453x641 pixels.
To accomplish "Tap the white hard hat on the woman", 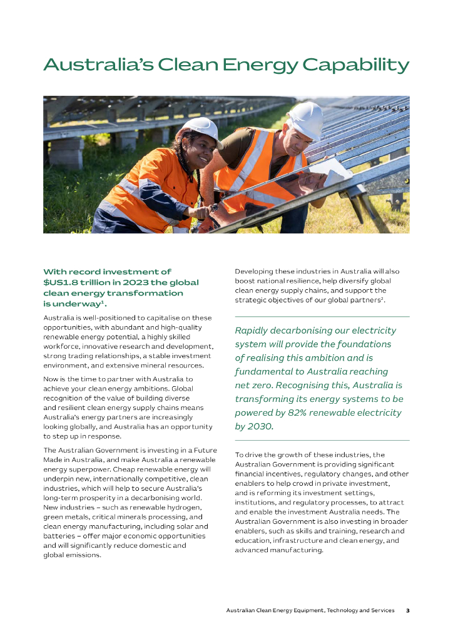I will (199, 128).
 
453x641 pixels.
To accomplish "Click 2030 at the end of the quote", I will (260, 426).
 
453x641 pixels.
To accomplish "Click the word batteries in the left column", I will (61, 536).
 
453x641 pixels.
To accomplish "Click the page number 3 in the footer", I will (407, 610).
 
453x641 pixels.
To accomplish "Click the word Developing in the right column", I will (256, 271).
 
